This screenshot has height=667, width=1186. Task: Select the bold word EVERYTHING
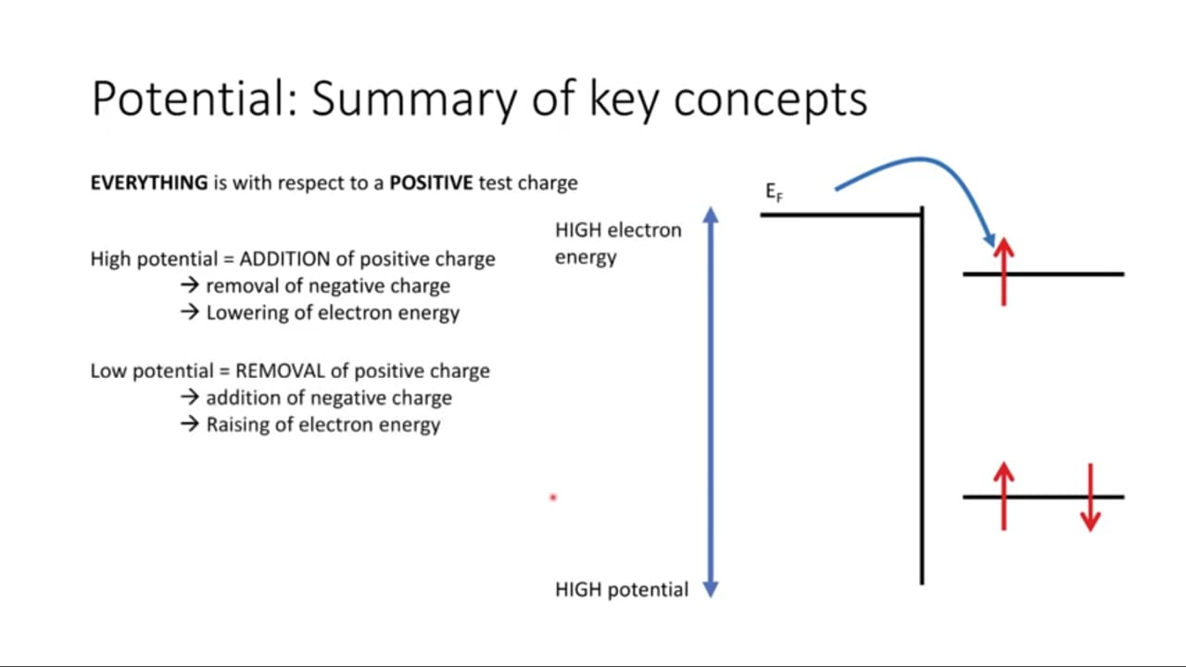coord(149,182)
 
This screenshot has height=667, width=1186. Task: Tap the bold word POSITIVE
coord(431,182)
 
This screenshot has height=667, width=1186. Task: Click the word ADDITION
coord(284,258)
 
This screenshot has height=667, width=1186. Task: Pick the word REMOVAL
coord(280,371)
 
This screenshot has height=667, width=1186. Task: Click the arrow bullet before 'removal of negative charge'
coord(190,285)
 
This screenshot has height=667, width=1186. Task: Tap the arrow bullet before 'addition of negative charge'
coord(190,397)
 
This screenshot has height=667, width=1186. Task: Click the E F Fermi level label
coord(774,192)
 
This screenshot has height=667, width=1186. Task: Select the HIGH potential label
coord(622,589)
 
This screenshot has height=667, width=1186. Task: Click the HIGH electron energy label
coord(618,244)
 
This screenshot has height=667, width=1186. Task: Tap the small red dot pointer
coord(553,497)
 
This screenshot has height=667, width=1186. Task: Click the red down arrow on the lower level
coord(1091,497)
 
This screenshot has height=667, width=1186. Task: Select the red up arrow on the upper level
coord(1003,271)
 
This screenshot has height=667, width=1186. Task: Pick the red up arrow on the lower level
coord(1003,496)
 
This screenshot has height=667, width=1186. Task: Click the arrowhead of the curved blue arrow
coord(989,240)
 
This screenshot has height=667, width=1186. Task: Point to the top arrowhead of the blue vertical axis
coord(711,214)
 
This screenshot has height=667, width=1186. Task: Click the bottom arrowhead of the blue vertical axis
coord(711,590)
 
